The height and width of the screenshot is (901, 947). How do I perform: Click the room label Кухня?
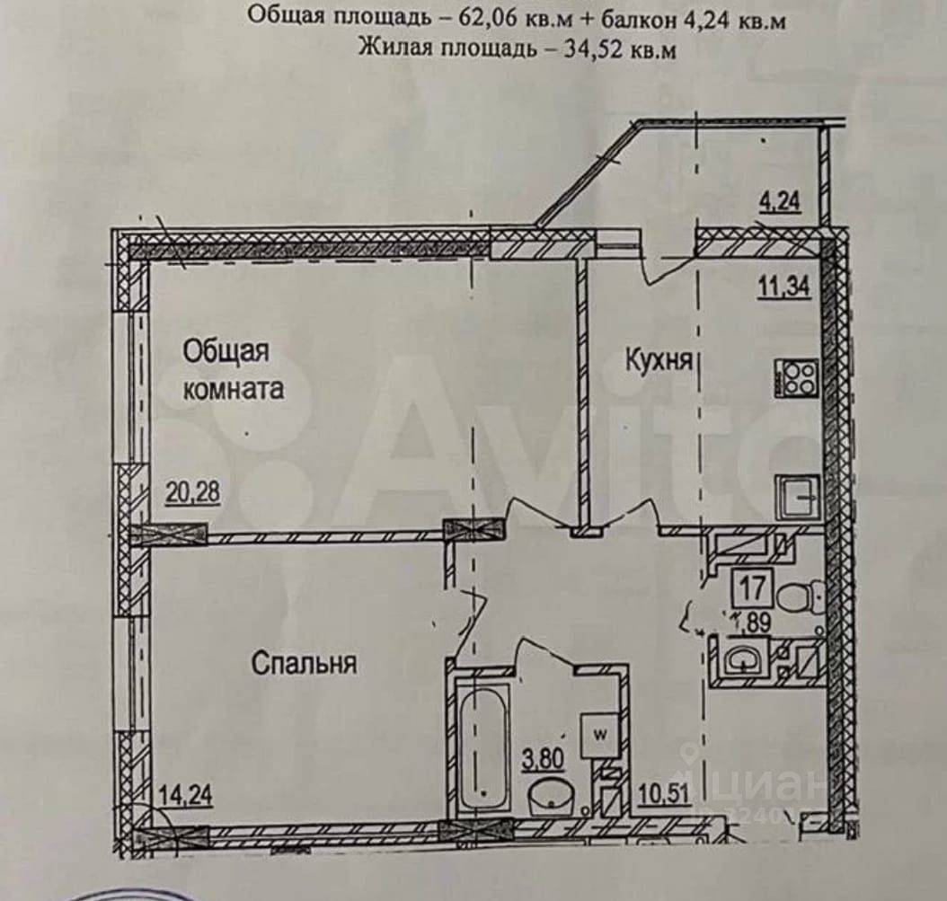(659, 361)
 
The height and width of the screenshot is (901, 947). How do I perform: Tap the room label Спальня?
(304, 664)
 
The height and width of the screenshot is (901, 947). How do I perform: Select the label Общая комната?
(233, 369)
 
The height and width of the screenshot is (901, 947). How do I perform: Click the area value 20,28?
(191, 492)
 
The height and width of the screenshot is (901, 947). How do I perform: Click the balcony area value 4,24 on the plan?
(780, 204)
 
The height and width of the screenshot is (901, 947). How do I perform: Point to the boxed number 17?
(753, 591)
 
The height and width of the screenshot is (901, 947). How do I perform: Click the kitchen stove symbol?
(795, 377)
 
